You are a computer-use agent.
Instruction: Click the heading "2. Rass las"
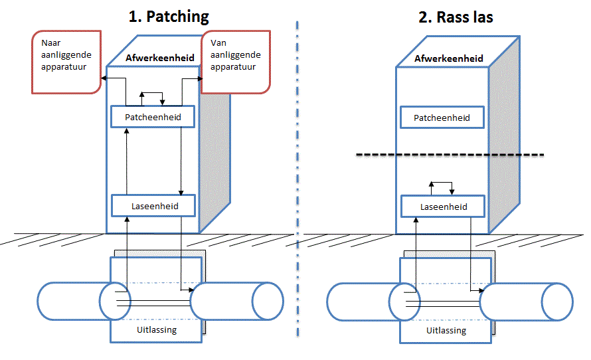point(456,17)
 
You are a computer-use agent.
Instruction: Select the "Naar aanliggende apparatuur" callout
point(64,60)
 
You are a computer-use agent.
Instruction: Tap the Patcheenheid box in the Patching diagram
point(153,118)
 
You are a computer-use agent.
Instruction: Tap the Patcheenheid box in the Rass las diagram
point(442,118)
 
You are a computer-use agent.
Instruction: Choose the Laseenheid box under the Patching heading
point(154,206)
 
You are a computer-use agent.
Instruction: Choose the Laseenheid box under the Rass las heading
point(444,207)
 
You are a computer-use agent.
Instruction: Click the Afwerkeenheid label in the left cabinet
point(155,58)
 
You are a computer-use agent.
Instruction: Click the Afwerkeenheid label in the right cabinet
point(444,58)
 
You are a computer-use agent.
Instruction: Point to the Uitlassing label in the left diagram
point(155,330)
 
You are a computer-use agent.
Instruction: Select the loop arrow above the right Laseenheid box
point(441,184)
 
